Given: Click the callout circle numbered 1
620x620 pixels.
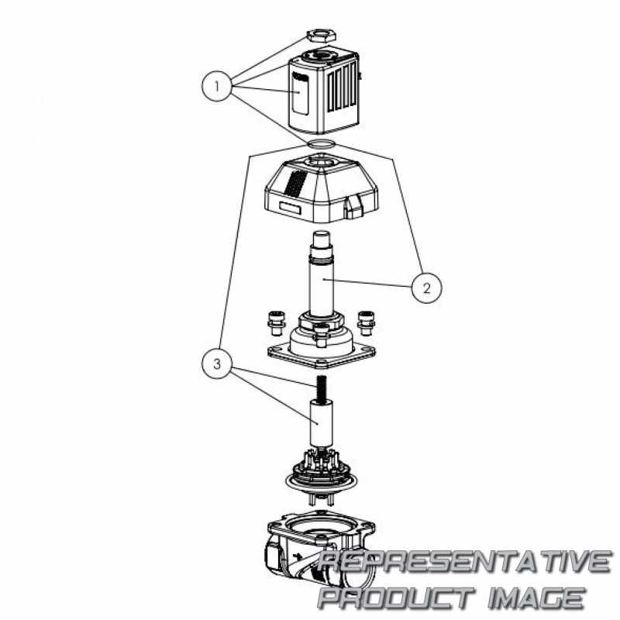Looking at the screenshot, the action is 217,86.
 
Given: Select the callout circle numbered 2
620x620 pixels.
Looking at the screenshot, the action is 427,288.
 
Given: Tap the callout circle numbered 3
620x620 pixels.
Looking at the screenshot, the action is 217,363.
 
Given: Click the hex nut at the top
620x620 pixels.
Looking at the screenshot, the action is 321,35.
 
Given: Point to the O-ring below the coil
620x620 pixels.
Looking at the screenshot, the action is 322,143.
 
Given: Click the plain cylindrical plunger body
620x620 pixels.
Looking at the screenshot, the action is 321,424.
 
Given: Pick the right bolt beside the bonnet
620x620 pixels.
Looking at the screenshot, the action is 366,322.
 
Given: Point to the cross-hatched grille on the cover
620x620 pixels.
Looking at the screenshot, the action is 296,184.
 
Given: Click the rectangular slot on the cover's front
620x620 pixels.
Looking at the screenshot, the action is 290,208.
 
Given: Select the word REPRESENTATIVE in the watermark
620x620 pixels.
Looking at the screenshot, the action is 466,562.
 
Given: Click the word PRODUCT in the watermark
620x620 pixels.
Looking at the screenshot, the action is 396,598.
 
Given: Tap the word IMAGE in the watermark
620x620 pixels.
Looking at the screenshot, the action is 536,598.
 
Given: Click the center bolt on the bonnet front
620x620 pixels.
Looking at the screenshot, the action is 322,333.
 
